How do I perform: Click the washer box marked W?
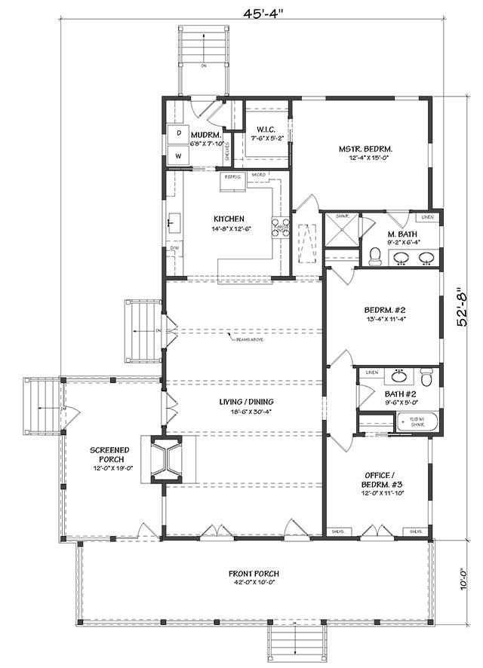pos(179,155)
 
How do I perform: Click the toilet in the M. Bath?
pos(375,256)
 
